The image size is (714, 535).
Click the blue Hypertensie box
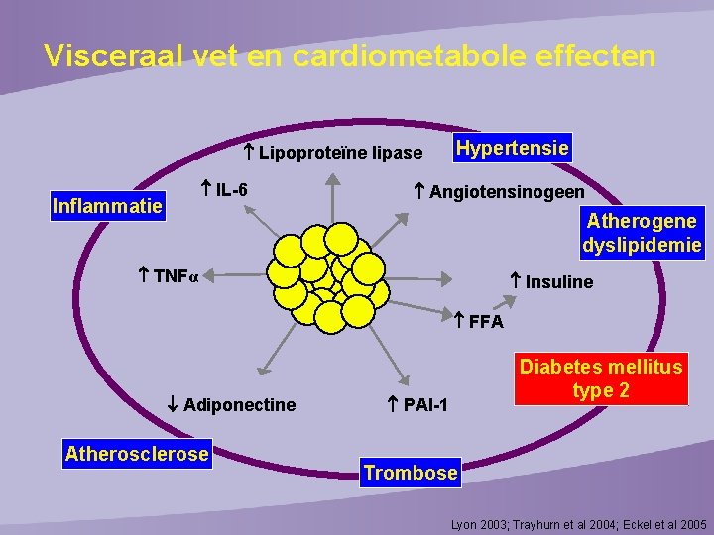(x=512, y=149)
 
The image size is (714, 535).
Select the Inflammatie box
(x=106, y=207)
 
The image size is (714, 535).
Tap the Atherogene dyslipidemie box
(x=642, y=232)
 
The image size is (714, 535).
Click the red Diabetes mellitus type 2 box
(x=601, y=378)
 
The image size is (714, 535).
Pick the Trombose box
(x=411, y=473)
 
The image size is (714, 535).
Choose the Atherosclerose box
(x=137, y=454)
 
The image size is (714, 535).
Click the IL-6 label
(x=230, y=190)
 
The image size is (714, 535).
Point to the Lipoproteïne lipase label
(x=339, y=152)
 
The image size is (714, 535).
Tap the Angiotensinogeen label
(x=506, y=191)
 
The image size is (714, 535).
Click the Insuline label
(x=558, y=282)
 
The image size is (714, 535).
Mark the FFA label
(x=486, y=322)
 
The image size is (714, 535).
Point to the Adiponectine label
(x=239, y=404)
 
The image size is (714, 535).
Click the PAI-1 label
(x=424, y=404)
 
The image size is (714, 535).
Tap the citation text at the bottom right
(x=579, y=522)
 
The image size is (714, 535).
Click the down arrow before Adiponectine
(x=172, y=404)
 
